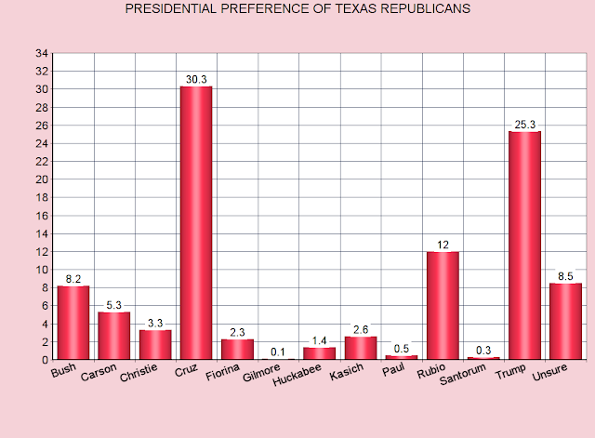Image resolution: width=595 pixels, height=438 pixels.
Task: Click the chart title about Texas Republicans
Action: point(297,8)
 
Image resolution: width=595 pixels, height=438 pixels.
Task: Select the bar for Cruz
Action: point(196,223)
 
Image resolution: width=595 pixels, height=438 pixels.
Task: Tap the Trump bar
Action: point(524,246)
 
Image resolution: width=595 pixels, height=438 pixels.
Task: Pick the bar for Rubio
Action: point(443,306)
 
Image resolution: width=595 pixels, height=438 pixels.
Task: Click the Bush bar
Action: point(73,323)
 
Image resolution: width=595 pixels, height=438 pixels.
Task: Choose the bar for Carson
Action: point(113,336)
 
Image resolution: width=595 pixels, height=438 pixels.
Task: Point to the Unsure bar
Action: point(565,321)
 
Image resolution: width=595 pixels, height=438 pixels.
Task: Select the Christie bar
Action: point(155,345)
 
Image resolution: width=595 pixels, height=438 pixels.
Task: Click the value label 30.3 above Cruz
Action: point(196,79)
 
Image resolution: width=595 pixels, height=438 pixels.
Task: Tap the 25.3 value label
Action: point(524,125)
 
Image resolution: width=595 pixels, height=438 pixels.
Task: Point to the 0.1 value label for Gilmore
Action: point(278,352)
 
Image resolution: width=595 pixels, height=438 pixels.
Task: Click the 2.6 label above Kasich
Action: point(361,329)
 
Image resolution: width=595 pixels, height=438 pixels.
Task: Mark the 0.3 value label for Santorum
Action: point(483,350)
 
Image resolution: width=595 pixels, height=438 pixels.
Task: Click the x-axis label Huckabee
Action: point(297,375)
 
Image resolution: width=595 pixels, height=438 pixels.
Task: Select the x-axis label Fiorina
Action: point(223,372)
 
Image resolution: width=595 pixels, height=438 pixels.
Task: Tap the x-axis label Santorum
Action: point(463,374)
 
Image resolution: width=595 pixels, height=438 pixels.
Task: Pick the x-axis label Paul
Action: point(393,369)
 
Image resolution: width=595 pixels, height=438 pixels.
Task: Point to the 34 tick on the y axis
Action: point(42,54)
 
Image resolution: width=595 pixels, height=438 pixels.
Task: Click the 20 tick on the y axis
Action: point(42,179)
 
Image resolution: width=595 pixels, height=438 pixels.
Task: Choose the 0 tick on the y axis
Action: point(46,360)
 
